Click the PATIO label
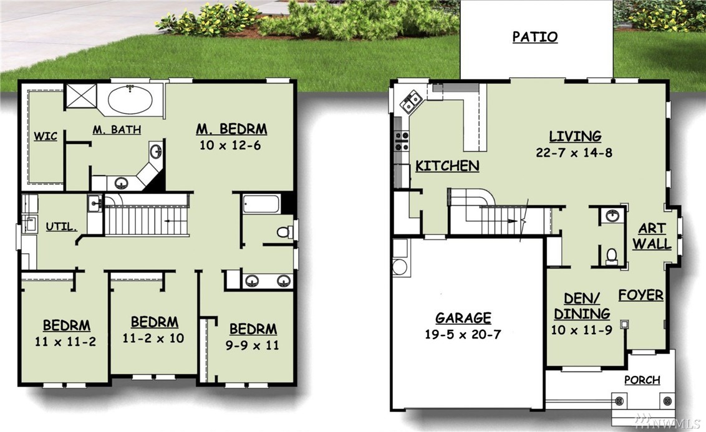pyautogui.click(x=535, y=37)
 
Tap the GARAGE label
pyautogui.click(x=463, y=318)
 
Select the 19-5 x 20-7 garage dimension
pyautogui.click(x=463, y=334)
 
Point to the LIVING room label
pyautogui.click(x=575, y=137)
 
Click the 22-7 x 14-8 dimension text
pyautogui.click(x=574, y=153)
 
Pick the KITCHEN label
pyautogui.click(x=447, y=166)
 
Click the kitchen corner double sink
pyautogui.click(x=412, y=102)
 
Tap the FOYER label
pyautogui.click(x=641, y=295)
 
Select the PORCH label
pyautogui.click(x=642, y=380)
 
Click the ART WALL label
pyautogui.click(x=652, y=236)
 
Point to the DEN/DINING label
pyautogui.click(x=582, y=306)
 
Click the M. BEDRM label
pyautogui.click(x=231, y=129)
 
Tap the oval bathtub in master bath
pyautogui.click(x=130, y=99)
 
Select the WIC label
pyautogui.click(x=46, y=136)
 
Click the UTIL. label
pyautogui.click(x=61, y=226)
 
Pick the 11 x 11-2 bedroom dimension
pyautogui.click(x=65, y=342)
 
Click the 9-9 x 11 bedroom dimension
pyautogui.click(x=252, y=345)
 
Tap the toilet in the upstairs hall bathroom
pyautogui.click(x=284, y=232)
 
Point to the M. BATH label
pyautogui.click(x=117, y=130)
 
